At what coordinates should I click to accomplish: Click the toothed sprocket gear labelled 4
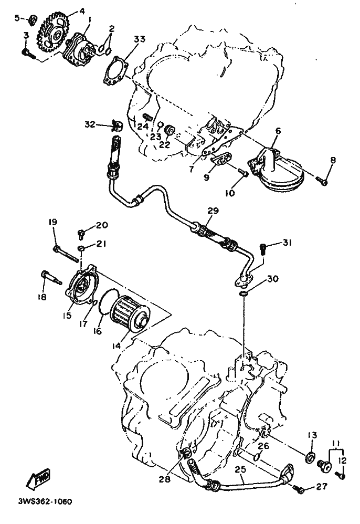coord(53,33)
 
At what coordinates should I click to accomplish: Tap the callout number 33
coord(140,39)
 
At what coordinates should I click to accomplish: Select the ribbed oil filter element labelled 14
coord(130,314)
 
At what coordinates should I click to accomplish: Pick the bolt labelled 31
coord(263,249)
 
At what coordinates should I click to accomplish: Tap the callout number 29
coord(213,211)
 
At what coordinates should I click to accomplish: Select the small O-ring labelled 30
coord(244,294)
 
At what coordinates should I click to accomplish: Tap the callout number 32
coord(90,125)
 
